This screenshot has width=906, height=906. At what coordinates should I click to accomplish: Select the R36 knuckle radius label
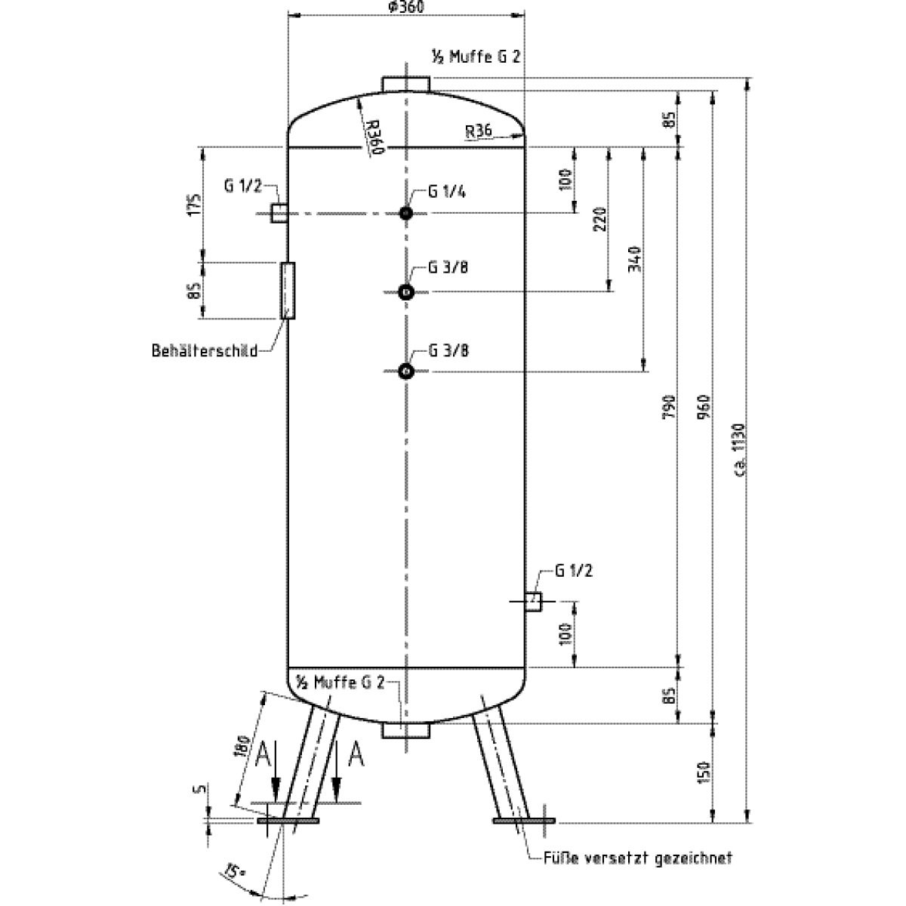479,131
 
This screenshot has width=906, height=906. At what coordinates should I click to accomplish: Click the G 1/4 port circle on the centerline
406,214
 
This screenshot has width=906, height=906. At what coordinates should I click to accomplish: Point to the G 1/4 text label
447,192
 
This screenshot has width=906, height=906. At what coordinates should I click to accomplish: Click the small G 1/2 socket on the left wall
279,213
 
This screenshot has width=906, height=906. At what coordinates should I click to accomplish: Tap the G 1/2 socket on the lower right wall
534,601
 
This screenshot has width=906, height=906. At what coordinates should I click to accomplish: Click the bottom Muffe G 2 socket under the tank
406,730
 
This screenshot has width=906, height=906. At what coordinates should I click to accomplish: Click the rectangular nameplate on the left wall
288,291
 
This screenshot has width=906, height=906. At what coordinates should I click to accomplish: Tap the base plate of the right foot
524,821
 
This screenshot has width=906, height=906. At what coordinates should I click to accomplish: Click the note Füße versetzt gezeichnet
638,859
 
